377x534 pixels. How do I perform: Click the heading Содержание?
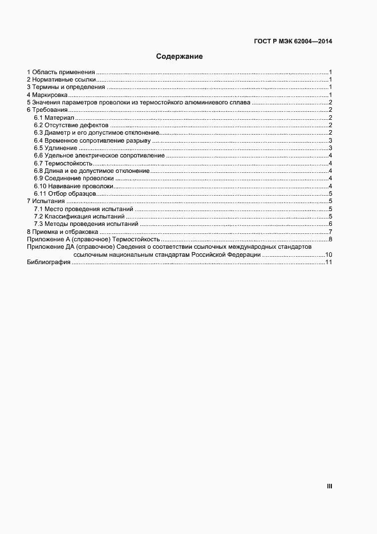180,57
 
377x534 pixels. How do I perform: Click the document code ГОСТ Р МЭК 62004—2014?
292,41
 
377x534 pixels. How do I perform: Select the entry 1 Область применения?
61,72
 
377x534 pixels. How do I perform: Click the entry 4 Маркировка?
47,95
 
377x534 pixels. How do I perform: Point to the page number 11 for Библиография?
329,262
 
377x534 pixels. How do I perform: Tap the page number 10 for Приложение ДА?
329,254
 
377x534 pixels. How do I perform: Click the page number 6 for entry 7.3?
330,224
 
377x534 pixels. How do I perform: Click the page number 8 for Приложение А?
330,239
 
